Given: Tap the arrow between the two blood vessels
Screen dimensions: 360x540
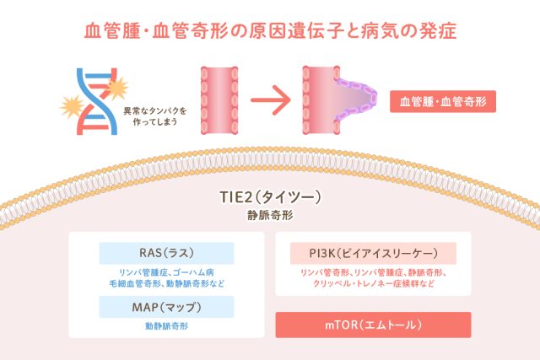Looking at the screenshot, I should [268, 103].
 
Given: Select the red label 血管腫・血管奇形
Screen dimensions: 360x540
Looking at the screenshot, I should [443, 102].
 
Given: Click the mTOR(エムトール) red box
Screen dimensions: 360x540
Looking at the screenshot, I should [371, 325].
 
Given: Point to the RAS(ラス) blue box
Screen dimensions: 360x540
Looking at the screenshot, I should [166, 254].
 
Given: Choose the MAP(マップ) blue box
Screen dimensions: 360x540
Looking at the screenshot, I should [166, 307].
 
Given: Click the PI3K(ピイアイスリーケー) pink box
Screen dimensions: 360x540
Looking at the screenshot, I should [371, 254].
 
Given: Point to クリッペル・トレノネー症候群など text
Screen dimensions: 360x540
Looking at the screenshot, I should [371, 284].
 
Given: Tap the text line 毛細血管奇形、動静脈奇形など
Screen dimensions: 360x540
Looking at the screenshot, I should [166, 284].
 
